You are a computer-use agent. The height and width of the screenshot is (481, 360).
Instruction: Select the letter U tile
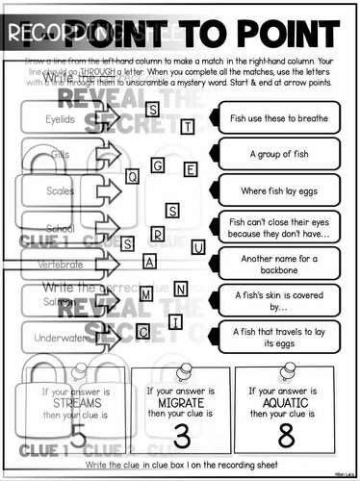tap(198, 247)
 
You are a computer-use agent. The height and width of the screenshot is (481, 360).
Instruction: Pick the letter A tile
tap(149, 261)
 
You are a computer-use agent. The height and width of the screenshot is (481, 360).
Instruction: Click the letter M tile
tap(145, 295)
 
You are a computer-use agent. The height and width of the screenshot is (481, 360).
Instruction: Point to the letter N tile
tap(180, 289)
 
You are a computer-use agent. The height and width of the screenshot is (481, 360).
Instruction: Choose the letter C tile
tap(143, 332)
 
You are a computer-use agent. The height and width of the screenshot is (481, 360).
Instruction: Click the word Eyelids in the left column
tap(60, 119)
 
